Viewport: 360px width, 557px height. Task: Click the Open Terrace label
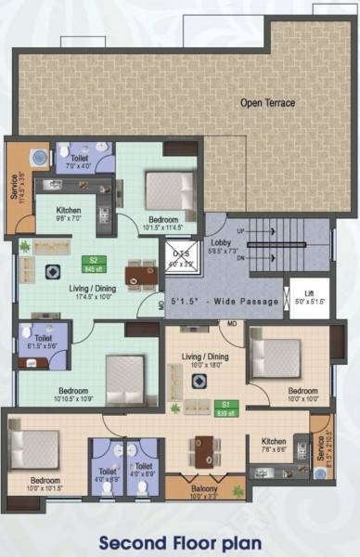tap(267, 103)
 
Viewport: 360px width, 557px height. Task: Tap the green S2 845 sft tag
tap(92, 264)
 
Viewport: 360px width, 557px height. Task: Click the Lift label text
tap(309, 294)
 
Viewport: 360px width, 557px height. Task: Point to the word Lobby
tap(222, 243)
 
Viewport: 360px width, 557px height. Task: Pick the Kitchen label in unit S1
tap(274, 442)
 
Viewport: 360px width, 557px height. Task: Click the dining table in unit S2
tap(141, 273)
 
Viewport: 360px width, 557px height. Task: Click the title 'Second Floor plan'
tap(180, 540)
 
